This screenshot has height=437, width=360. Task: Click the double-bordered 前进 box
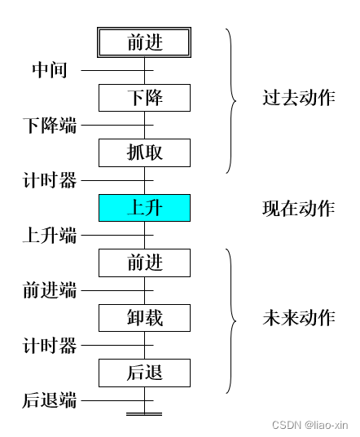[x=145, y=42]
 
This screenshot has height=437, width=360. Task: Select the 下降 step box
[x=145, y=98]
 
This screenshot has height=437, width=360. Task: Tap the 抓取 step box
[x=145, y=152]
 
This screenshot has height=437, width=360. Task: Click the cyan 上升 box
[x=145, y=208]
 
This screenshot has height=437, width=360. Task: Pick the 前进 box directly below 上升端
[x=145, y=263]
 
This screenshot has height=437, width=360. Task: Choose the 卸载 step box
[x=145, y=318]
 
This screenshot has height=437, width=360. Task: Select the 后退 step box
[x=145, y=373]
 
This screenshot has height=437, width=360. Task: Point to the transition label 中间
[x=50, y=70]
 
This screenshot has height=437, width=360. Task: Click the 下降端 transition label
[x=50, y=126]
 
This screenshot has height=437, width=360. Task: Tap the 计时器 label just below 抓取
[x=50, y=180]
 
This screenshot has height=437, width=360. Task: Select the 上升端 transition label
[x=50, y=236]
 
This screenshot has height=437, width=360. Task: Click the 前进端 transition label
[x=50, y=290]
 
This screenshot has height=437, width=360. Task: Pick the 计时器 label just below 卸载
[x=50, y=346]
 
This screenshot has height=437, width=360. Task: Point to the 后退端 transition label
[x=50, y=400]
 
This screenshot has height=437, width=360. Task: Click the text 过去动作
[x=298, y=98]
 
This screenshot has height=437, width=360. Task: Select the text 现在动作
[x=298, y=208]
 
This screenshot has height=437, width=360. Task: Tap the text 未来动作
[x=298, y=318]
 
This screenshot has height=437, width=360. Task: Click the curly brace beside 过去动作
[x=231, y=101]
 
